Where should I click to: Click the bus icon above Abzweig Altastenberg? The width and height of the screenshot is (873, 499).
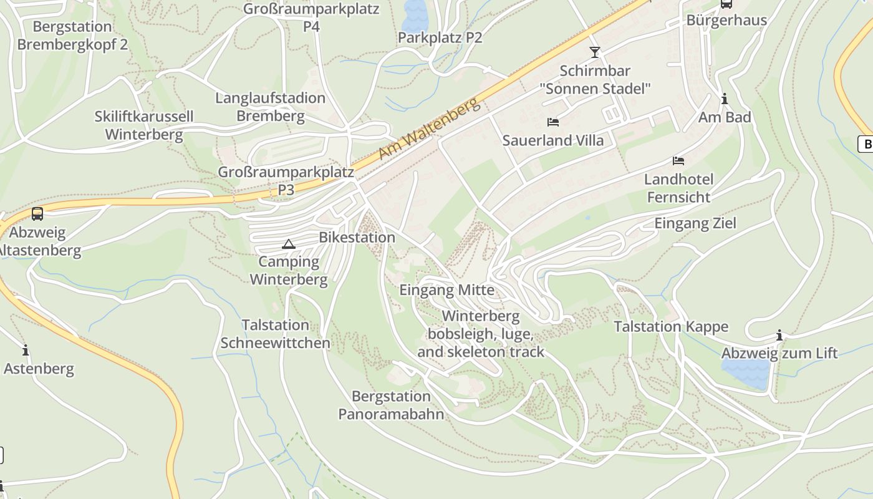point(37,214)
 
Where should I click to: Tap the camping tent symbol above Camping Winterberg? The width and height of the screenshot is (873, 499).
point(288,244)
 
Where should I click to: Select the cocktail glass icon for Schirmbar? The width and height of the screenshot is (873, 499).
point(595,52)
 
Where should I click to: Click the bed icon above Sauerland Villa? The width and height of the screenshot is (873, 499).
point(553,122)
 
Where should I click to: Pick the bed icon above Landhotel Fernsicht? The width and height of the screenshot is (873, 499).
point(678,161)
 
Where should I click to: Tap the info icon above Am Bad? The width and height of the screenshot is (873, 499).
point(725,99)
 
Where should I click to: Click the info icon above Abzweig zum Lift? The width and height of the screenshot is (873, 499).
point(779,335)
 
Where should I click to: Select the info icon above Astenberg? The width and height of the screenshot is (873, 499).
point(26,350)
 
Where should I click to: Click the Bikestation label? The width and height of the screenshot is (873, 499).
point(357,238)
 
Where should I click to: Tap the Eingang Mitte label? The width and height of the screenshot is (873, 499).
point(446,290)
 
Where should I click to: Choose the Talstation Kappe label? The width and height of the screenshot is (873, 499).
point(671,327)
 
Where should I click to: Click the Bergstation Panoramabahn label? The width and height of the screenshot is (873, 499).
point(391,405)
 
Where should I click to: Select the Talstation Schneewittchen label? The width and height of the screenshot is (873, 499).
point(275,334)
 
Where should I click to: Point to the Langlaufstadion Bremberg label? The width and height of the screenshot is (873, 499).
point(271,107)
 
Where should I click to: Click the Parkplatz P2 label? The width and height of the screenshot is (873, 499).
point(440,37)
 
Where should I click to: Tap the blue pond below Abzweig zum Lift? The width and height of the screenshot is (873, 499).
point(745,373)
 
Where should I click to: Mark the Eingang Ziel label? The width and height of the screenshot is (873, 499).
point(695,223)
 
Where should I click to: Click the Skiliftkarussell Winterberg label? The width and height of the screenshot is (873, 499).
point(144,125)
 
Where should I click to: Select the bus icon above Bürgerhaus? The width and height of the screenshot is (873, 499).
point(726,4)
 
